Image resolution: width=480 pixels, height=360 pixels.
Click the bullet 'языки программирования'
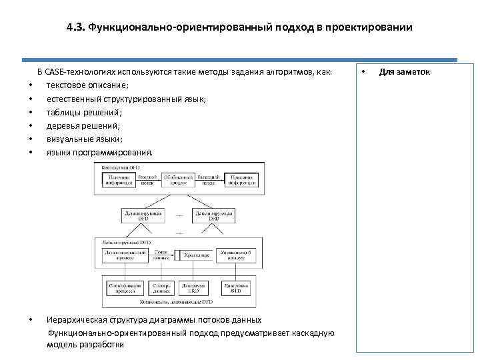(99, 153)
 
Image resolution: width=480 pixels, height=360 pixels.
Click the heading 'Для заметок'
(405, 71)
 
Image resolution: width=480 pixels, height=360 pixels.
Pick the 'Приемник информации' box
(238, 179)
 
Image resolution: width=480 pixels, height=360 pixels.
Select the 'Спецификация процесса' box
(123, 287)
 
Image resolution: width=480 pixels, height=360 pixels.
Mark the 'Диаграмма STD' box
(235, 287)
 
